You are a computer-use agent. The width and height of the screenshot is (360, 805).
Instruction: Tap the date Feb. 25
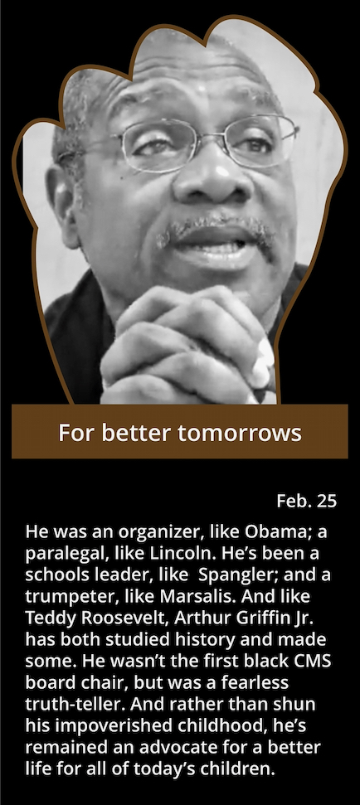[x=307, y=501]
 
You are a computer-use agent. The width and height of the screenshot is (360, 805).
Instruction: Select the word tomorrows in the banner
[x=240, y=433]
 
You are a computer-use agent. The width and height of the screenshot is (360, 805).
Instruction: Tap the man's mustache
[x=216, y=231]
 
